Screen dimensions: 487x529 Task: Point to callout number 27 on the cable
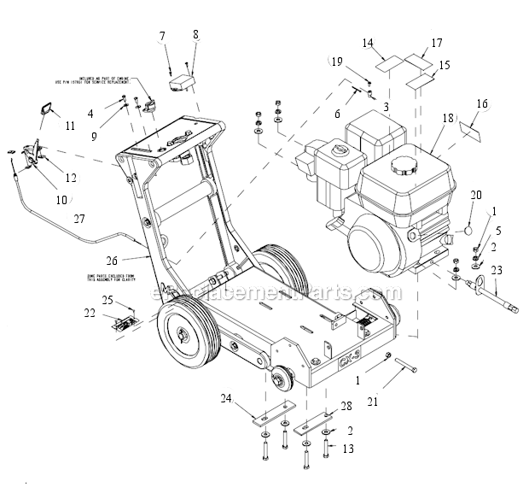(x=78, y=219)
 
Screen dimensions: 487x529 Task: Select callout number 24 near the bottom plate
(x=225, y=397)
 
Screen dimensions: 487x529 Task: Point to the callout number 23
(x=497, y=271)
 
